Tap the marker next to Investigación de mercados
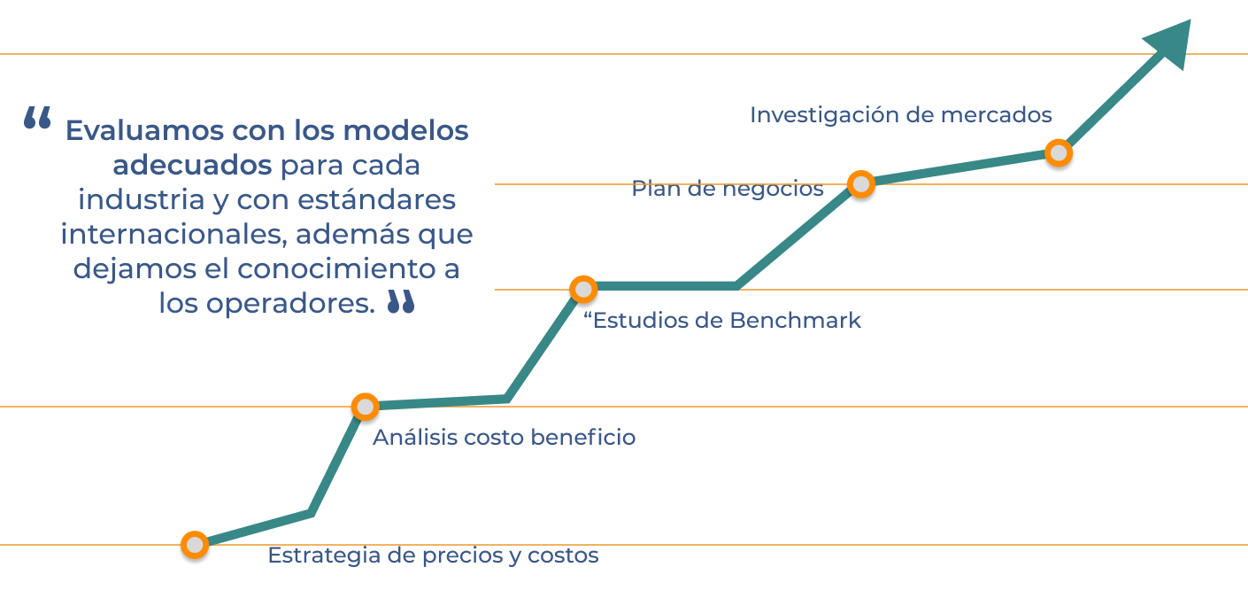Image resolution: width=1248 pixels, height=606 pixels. [1058, 153]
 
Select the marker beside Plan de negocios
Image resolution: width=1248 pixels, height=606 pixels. [860, 184]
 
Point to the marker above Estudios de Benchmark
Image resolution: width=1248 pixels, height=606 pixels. [583, 289]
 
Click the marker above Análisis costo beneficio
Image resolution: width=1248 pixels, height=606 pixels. [365, 407]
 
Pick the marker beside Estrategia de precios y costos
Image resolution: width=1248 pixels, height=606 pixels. [195, 546]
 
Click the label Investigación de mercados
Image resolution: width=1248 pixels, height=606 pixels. [900, 115]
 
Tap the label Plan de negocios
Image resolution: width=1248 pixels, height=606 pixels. [727, 189]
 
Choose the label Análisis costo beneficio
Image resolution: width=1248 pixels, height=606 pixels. [504, 438]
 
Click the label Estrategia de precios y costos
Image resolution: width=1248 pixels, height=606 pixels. [433, 555]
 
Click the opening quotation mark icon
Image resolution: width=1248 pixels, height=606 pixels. [37, 119]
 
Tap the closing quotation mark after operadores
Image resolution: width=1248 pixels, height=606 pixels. [401, 302]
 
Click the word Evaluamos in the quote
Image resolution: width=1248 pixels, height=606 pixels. [143, 131]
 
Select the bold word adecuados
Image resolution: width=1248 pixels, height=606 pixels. [192, 166]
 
